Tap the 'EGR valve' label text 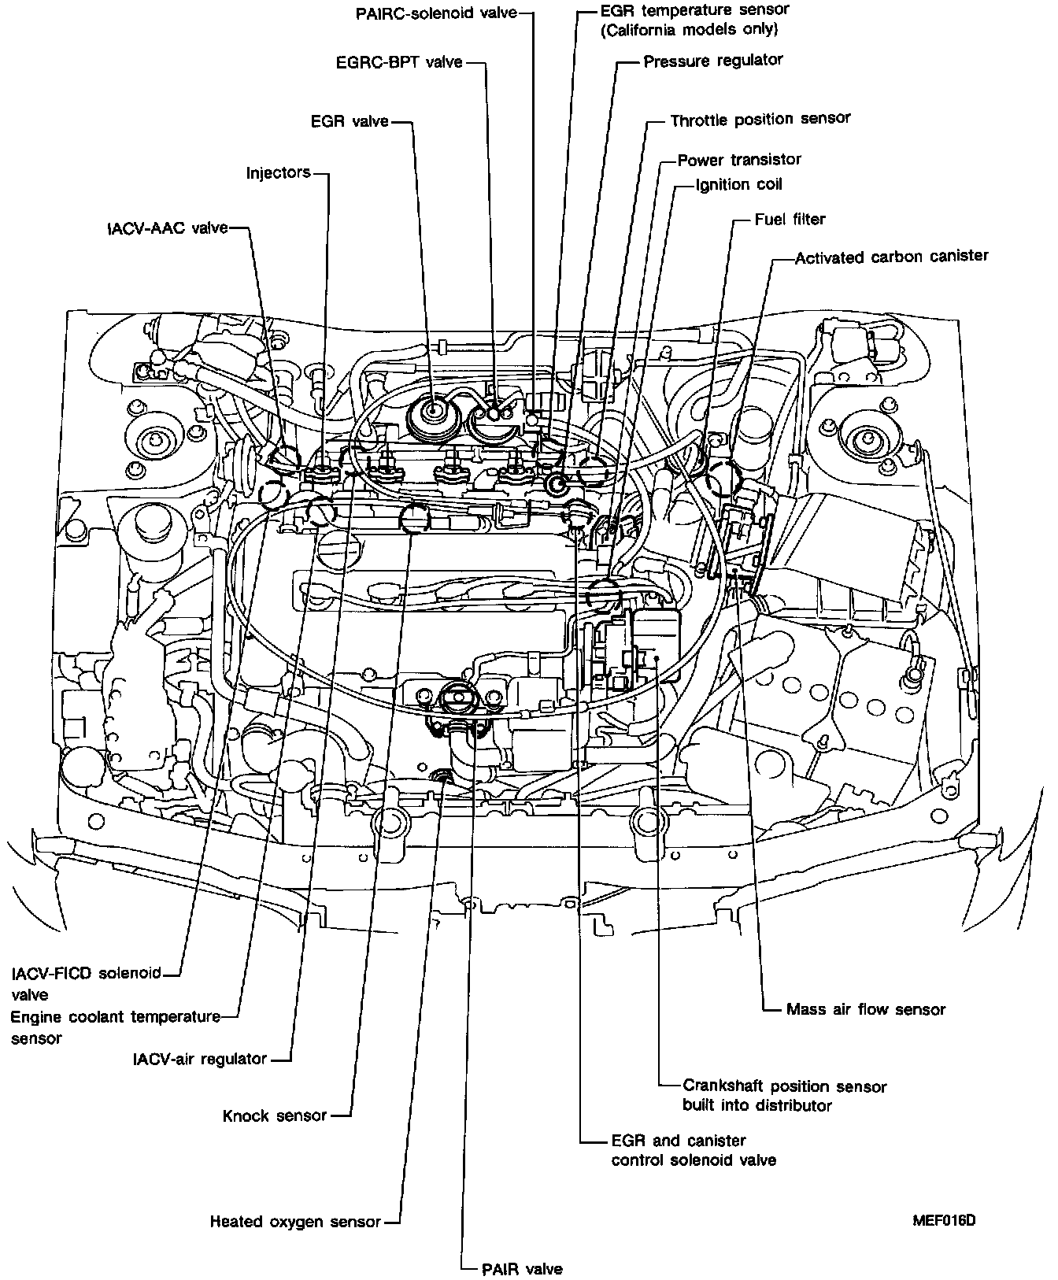tap(350, 121)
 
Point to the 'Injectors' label tap(278, 172)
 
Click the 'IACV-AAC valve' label tap(168, 228)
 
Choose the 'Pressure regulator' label tap(713, 61)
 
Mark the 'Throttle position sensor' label tap(760, 120)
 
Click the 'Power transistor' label tap(739, 160)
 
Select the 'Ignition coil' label tap(738, 185)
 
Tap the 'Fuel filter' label tap(790, 220)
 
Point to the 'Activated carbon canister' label tap(891, 257)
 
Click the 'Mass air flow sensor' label tap(866, 1009)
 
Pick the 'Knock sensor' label tap(275, 1115)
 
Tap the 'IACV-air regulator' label tap(200, 1059)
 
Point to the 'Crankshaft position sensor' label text tap(784, 1086)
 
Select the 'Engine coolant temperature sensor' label tap(116, 1017)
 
